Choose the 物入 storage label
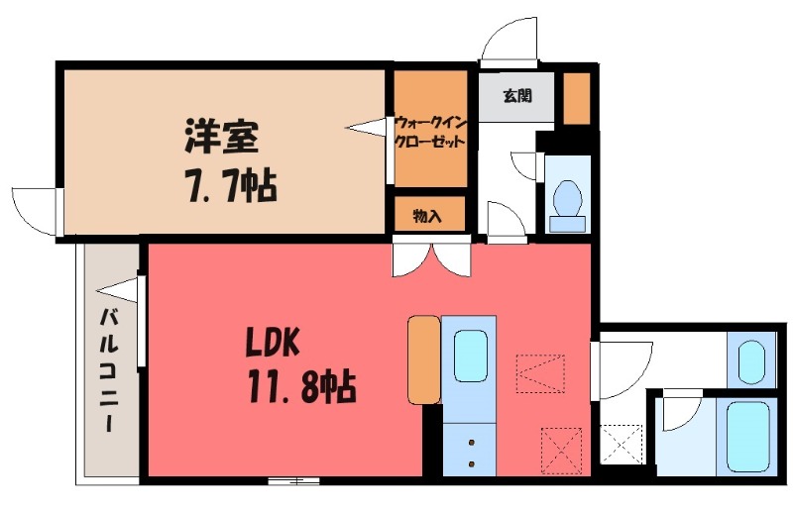(427, 216)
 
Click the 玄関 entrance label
(515, 97)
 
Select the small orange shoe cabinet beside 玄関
(576, 97)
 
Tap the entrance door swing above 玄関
(508, 43)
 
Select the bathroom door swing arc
(682, 412)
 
